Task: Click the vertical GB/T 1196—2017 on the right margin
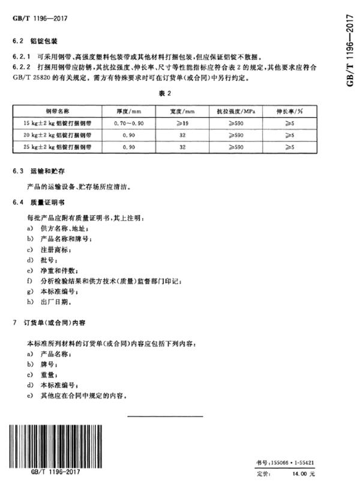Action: click(x=350, y=48)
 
